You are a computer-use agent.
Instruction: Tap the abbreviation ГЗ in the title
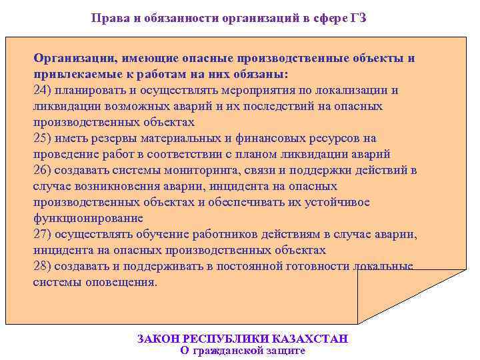(357, 19)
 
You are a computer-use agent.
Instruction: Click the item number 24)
(43, 90)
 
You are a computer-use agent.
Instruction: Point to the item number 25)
(43, 138)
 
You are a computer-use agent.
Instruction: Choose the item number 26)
(43, 170)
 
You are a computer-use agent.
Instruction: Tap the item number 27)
(43, 234)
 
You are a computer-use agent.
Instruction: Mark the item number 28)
(43, 266)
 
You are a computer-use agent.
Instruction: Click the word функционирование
(88, 218)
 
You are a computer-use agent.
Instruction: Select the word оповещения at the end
(124, 282)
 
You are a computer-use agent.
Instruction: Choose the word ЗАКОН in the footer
(157, 339)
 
